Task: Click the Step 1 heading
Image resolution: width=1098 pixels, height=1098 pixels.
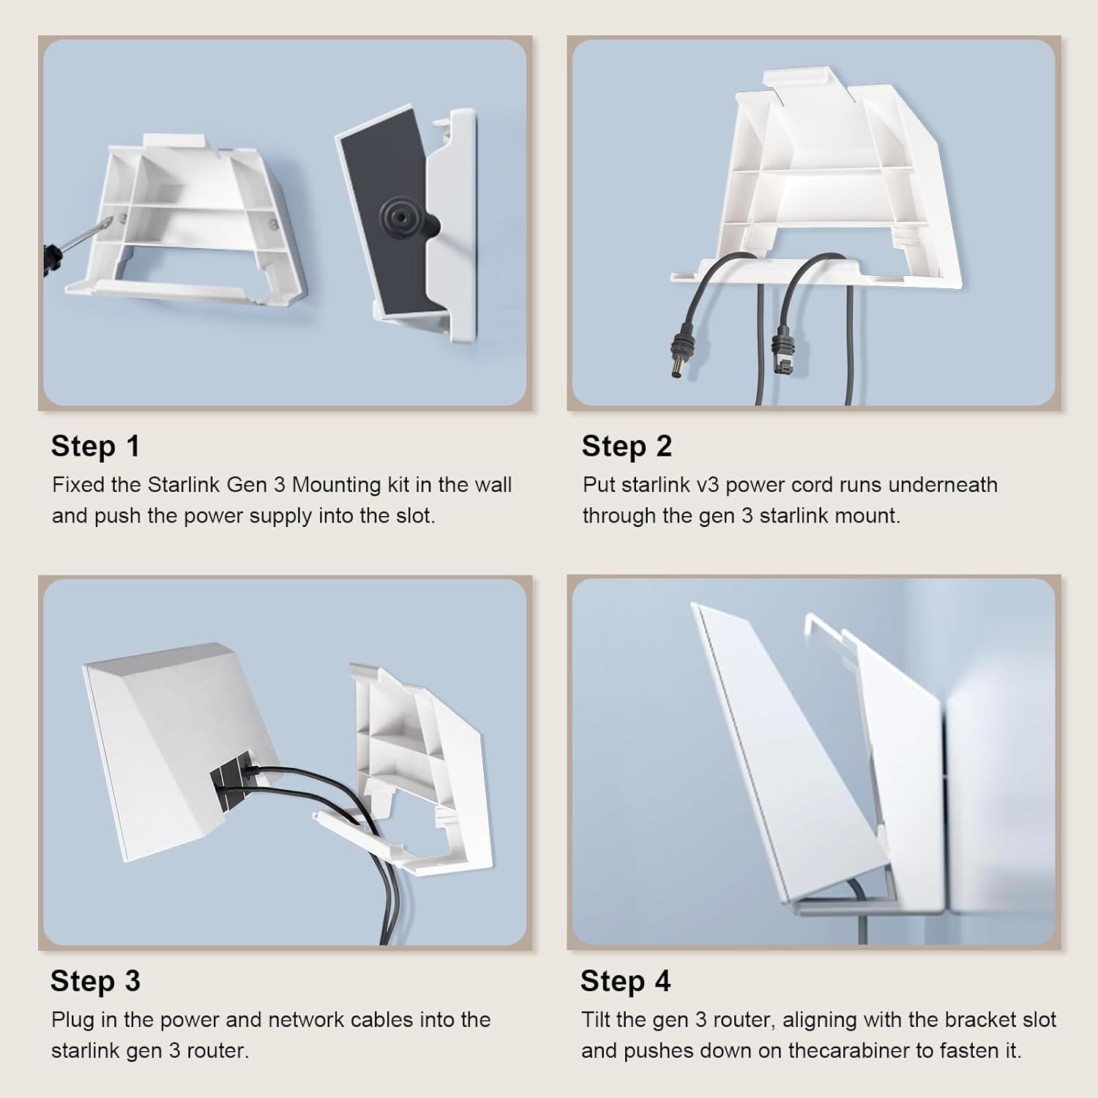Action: click(x=95, y=446)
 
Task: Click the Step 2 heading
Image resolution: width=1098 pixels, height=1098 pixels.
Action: click(x=627, y=446)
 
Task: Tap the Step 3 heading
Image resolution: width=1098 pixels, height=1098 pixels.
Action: click(x=95, y=981)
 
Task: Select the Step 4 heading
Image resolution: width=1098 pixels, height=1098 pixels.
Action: click(x=626, y=981)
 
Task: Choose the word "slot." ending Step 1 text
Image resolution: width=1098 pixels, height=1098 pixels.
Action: click(x=416, y=515)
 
